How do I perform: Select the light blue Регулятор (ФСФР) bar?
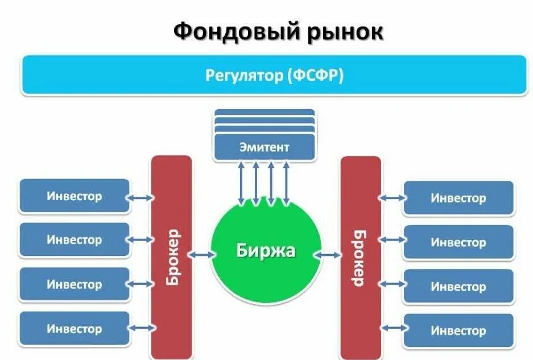pos(274,75)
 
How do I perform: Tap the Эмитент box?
pos(264,147)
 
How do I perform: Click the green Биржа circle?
pos(266,251)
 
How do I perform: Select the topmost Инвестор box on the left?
pos(75,196)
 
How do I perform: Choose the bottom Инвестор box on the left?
pos(75,329)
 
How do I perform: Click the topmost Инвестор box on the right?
pos(458,198)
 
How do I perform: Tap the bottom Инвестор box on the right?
pos(458,330)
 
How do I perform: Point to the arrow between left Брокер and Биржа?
pos(201,255)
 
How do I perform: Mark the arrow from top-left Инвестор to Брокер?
pos(141,198)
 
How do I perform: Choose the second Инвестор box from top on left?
pos(75,240)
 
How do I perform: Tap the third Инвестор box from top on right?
pos(458,286)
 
